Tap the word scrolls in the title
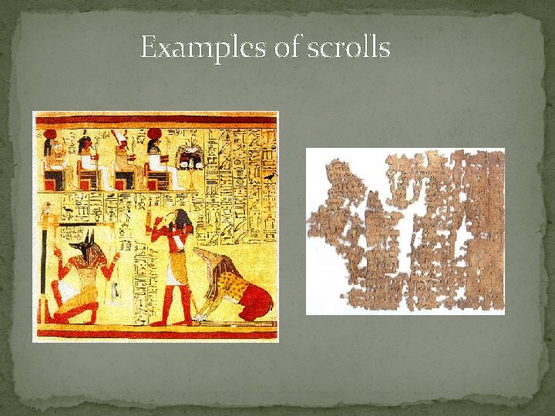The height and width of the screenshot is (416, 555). point(349,49)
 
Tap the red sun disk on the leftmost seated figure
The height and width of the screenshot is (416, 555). point(51,133)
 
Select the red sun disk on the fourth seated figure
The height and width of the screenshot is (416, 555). point(154,133)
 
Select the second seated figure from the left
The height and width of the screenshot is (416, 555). point(87,162)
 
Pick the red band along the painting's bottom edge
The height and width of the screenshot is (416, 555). point(154,334)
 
